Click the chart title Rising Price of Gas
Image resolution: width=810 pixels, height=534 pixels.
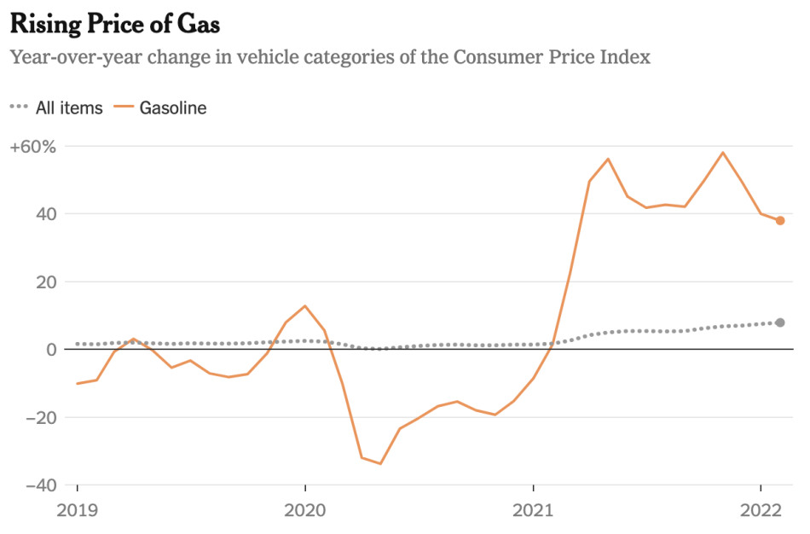[x=115, y=25]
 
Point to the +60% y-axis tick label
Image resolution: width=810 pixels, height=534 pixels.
[x=32, y=147]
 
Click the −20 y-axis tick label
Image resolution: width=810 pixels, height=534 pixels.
[x=37, y=417]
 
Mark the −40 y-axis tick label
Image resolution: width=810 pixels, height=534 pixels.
[x=37, y=485]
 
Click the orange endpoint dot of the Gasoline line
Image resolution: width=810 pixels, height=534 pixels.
[x=780, y=221]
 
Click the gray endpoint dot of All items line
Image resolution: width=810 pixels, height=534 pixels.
[x=780, y=322]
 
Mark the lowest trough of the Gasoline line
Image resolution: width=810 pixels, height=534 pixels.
[x=380, y=464]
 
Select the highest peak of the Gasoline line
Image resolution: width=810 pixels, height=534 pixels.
[x=723, y=153]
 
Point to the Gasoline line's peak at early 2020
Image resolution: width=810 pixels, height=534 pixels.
[x=305, y=306]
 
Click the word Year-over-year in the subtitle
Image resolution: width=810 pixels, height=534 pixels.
[x=67, y=57]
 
